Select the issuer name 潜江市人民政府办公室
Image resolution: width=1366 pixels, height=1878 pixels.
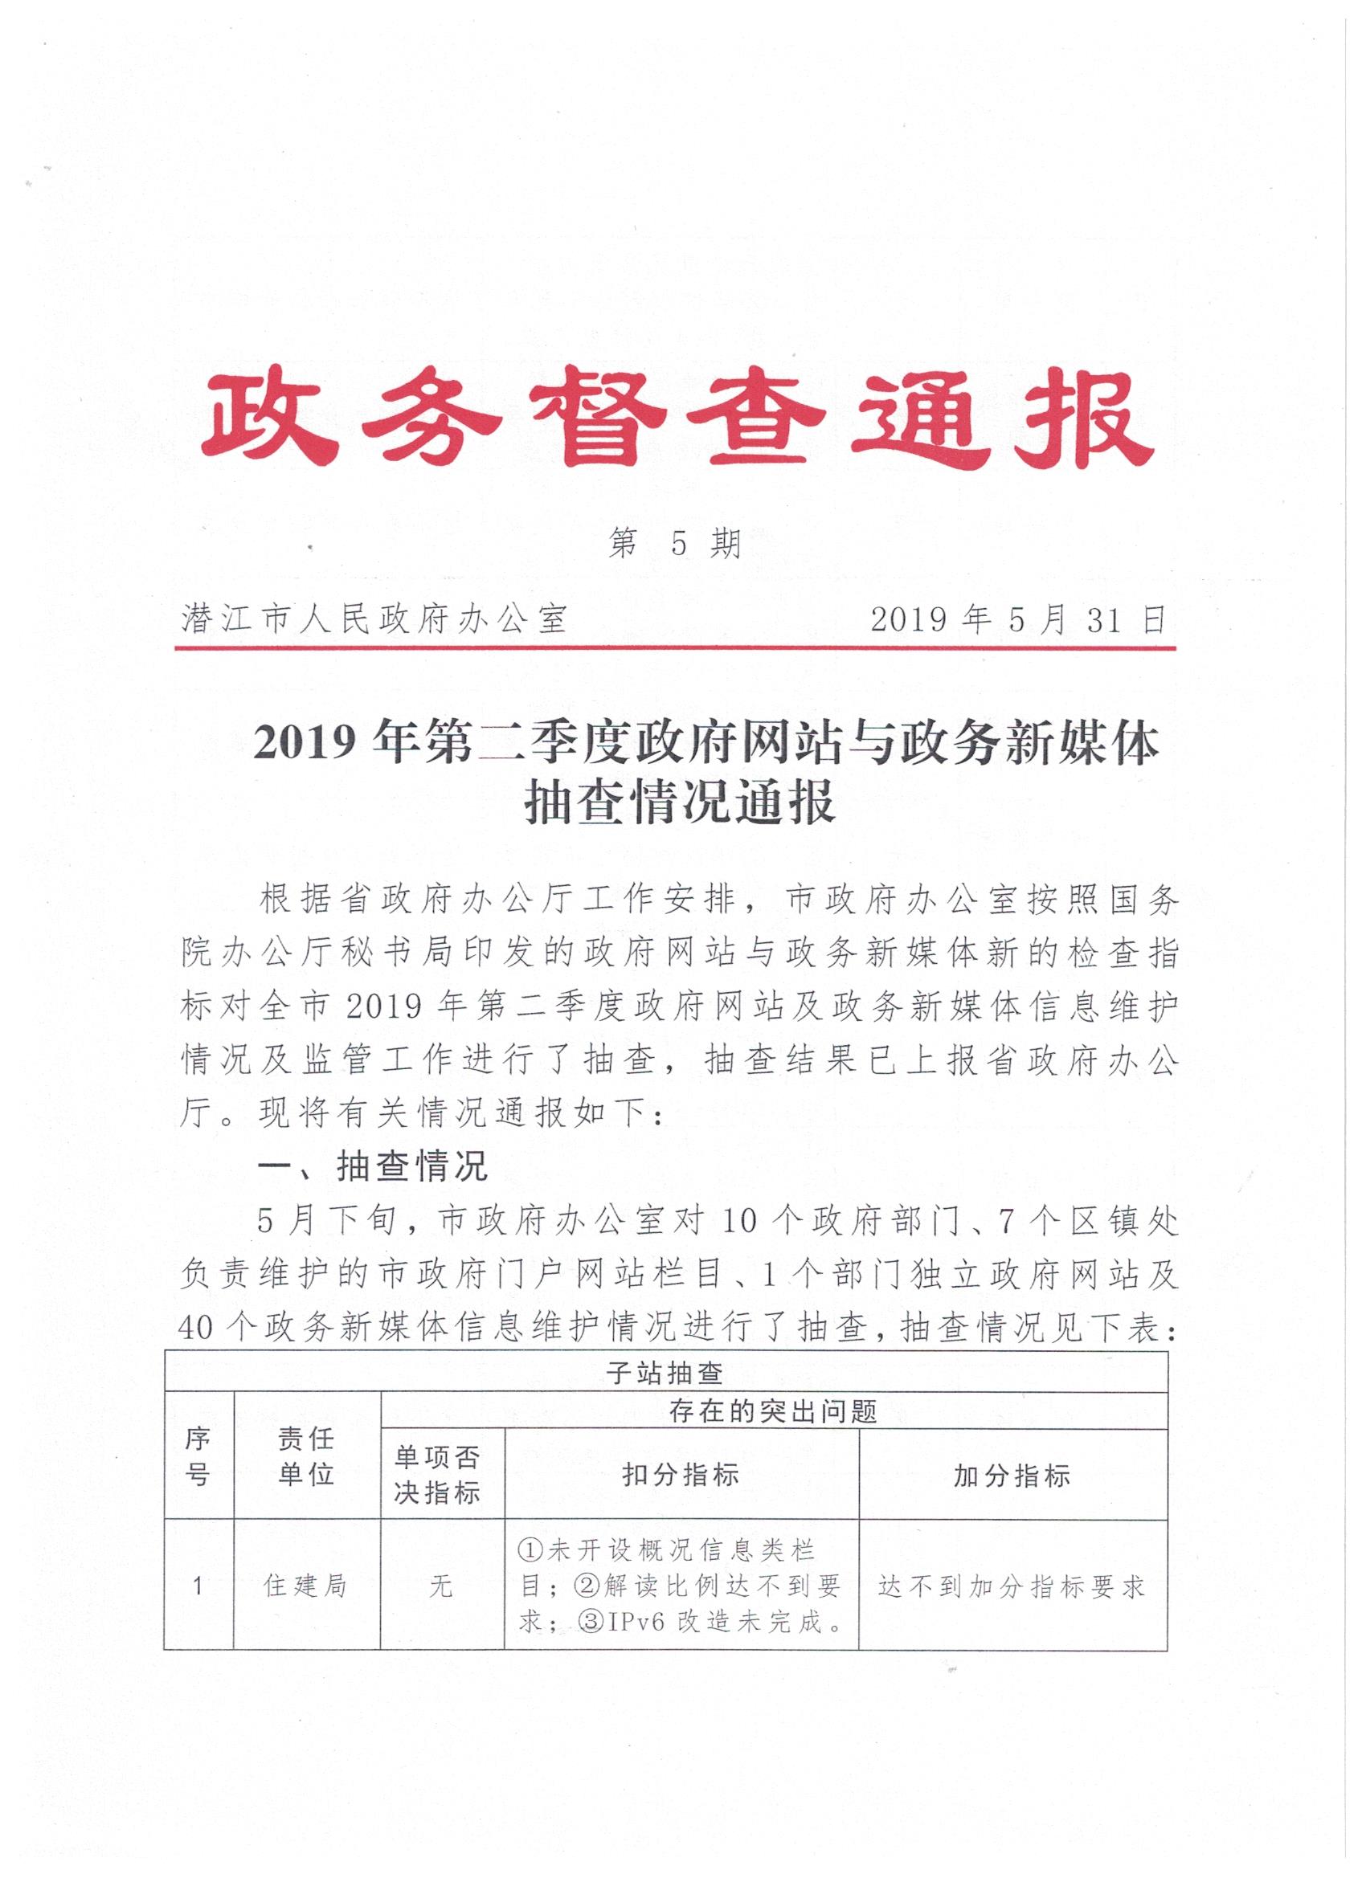[374, 619]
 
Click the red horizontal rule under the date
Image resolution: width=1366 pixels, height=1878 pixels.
[675, 649]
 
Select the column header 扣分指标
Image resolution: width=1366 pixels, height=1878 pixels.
[680, 1475]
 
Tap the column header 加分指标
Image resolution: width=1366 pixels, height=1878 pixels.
[1012, 1475]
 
